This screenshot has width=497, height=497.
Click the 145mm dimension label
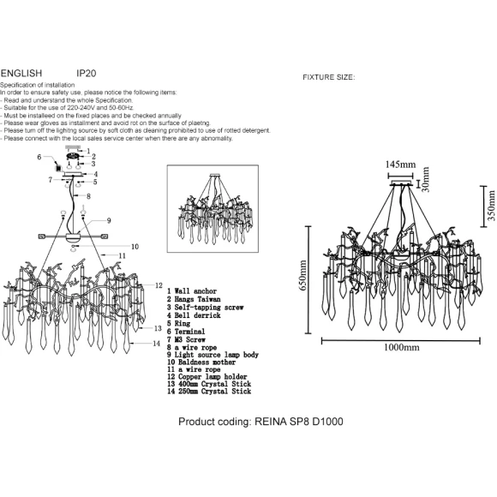(x=400, y=165)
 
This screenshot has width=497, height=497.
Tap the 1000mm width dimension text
(x=401, y=347)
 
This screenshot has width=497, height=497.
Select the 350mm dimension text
(x=491, y=206)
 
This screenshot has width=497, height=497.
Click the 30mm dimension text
(x=426, y=179)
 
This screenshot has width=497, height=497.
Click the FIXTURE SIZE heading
(x=329, y=77)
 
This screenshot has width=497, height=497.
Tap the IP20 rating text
(x=87, y=73)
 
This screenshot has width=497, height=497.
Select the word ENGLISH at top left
(x=21, y=73)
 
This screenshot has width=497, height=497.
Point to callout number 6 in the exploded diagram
(x=39, y=157)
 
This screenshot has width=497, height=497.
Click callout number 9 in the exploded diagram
(x=109, y=220)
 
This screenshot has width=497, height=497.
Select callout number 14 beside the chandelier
(x=157, y=344)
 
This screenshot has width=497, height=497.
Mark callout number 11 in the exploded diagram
(x=123, y=255)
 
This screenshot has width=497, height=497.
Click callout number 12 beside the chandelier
(x=159, y=285)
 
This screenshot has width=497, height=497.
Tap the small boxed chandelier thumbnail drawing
(x=213, y=208)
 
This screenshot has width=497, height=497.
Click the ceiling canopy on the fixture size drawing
(x=401, y=183)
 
